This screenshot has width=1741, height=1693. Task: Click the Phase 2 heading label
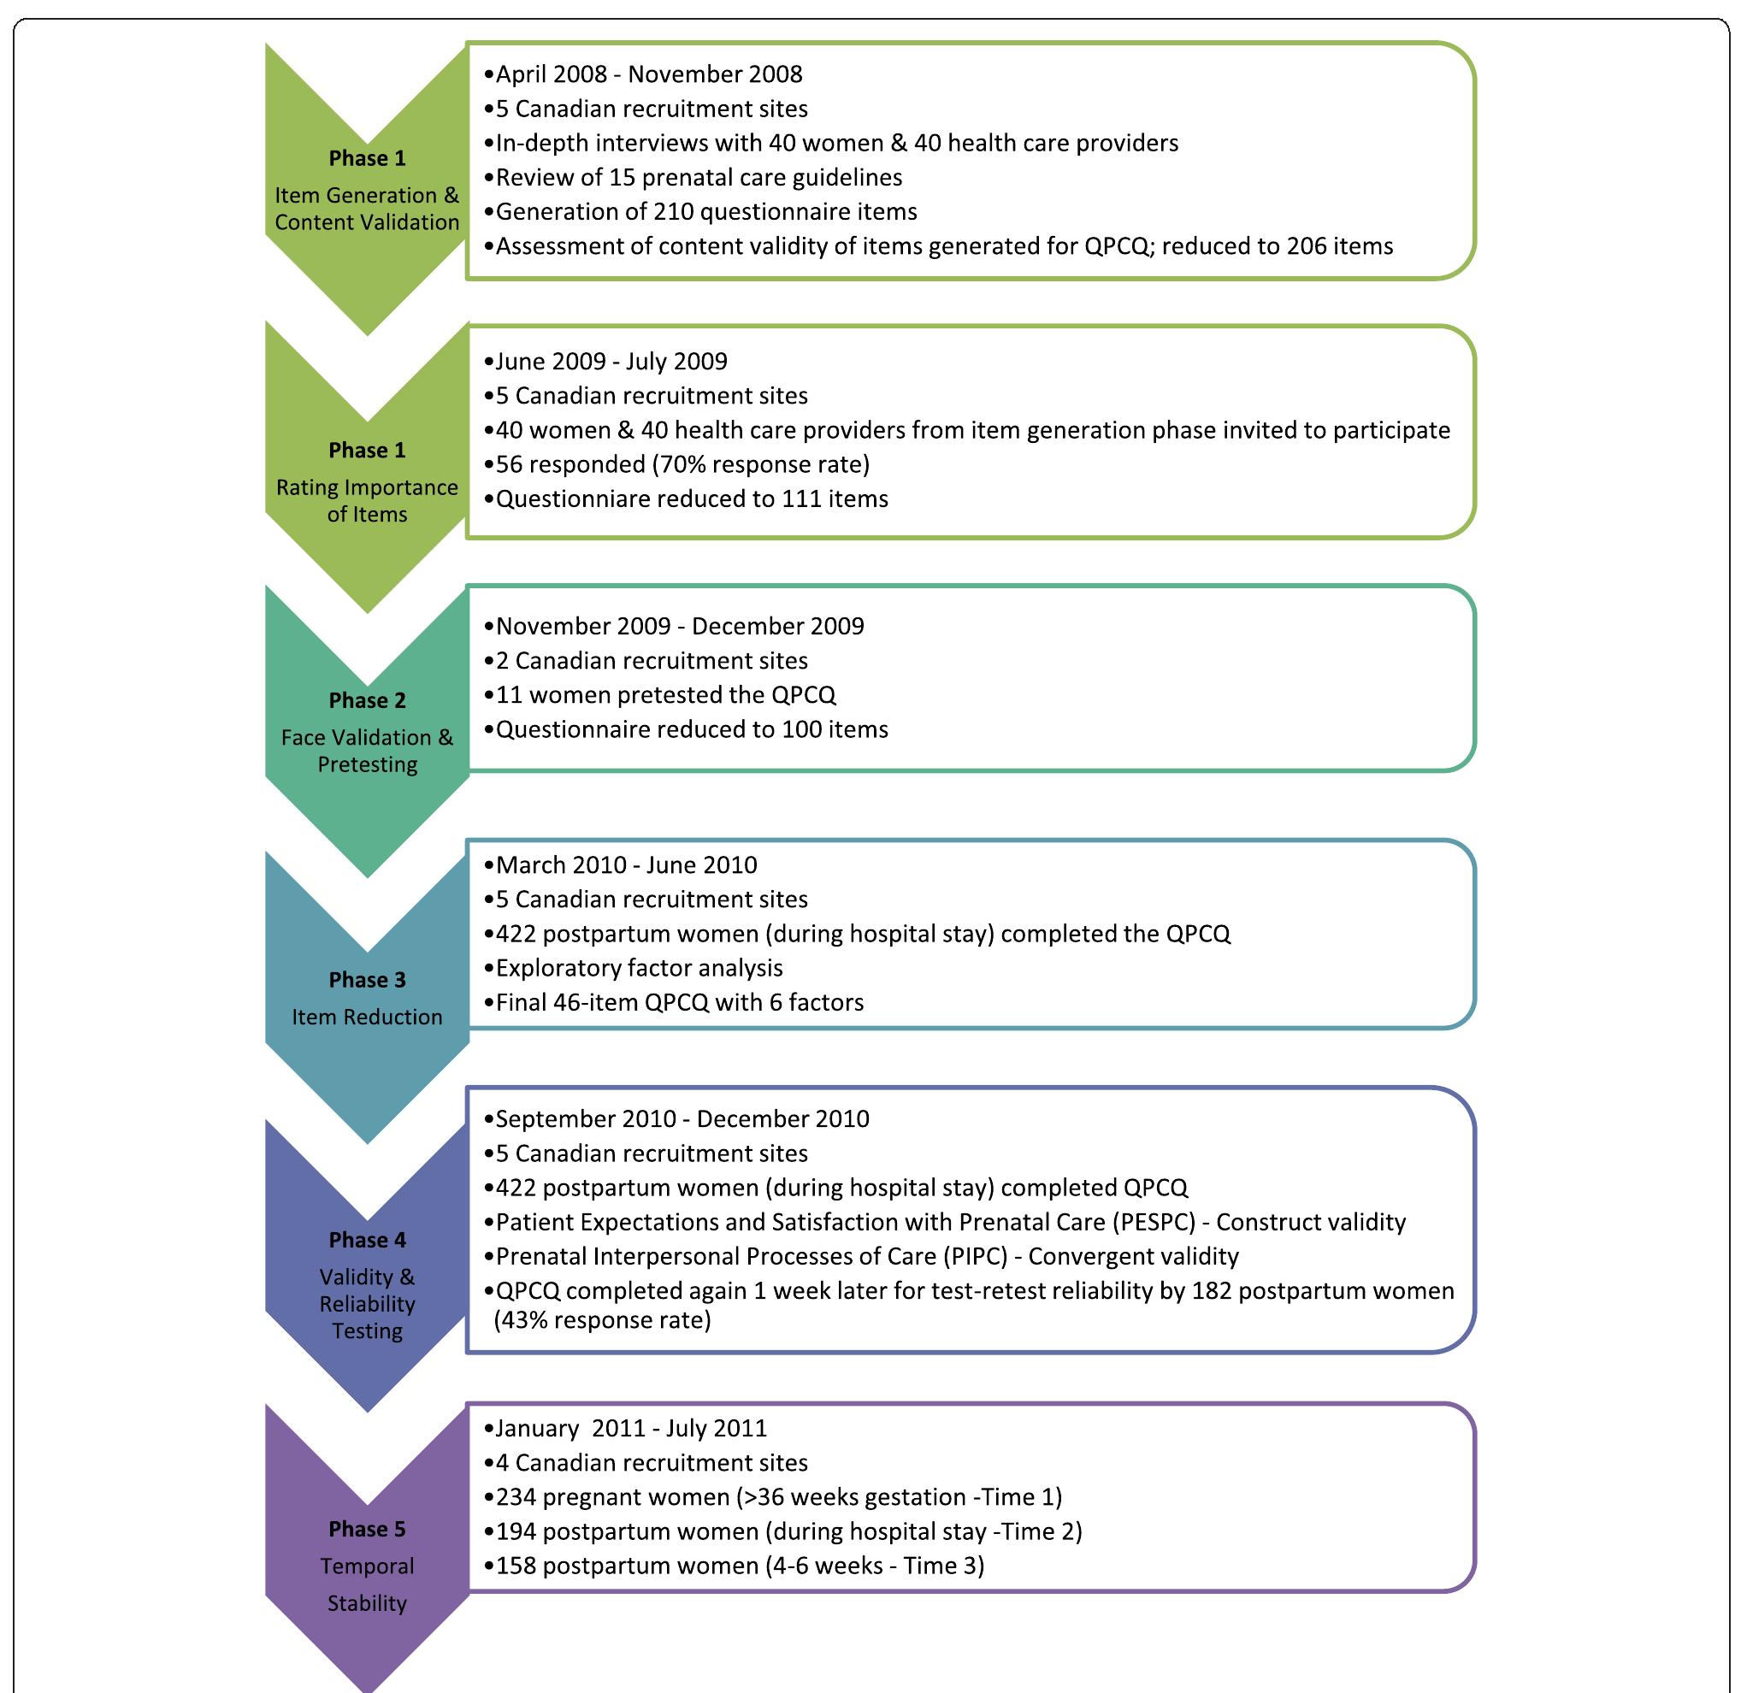(367, 699)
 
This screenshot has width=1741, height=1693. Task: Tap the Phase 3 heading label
(367, 979)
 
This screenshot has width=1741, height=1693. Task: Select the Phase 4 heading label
(367, 1240)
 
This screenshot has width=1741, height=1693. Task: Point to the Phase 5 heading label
(367, 1529)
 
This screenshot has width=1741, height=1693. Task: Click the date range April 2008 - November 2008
(649, 74)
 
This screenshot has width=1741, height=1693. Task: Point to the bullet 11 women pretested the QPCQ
(665, 694)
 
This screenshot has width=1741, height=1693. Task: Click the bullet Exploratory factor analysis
(639, 967)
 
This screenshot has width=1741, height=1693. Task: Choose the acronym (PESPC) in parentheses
(1154, 1222)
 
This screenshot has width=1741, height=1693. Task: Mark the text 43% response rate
(604, 1319)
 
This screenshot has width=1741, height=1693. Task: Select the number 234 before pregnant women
(515, 1496)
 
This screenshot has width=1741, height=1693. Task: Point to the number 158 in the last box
(515, 1565)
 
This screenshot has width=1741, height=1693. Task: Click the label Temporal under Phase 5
(367, 1566)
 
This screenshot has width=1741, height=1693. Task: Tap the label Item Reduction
(367, 1017)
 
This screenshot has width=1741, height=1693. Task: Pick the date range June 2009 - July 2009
(611, 361)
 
